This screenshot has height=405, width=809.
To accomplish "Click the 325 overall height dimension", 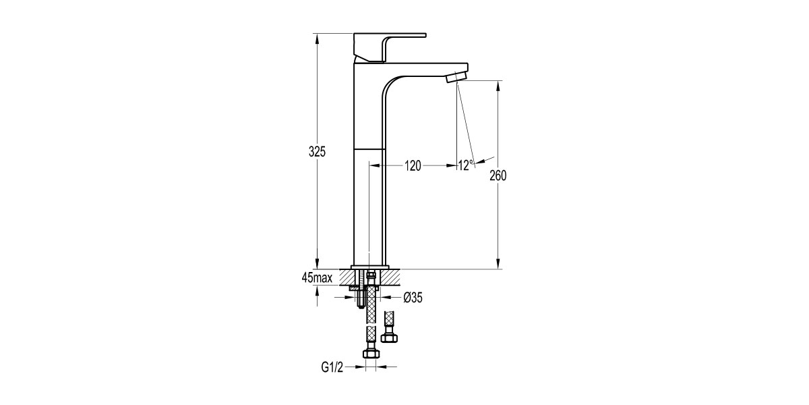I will (x=318, y=152).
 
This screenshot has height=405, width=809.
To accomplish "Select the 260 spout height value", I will (x=498, y=175).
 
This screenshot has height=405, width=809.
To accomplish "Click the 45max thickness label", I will (x=317, y=277).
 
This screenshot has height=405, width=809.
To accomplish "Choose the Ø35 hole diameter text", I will (x=412, y=296).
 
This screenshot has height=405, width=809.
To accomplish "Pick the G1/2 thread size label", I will (x=332, y=367).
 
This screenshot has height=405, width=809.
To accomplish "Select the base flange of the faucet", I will (x=370, y=266).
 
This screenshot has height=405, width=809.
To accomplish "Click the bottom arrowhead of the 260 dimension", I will (x=498, y=265).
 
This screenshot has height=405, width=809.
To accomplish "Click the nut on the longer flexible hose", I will (x=369, y=352).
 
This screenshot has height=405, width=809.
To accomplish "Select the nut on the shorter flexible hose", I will (x=388, y=335).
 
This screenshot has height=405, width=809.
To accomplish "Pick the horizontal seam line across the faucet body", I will (x=370, y=147).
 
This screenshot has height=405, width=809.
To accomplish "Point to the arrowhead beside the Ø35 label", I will (x=387, y=296).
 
